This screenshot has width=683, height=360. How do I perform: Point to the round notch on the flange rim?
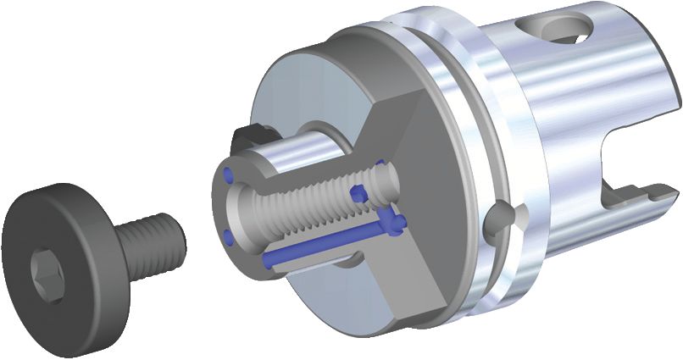click(x=503, y=218)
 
